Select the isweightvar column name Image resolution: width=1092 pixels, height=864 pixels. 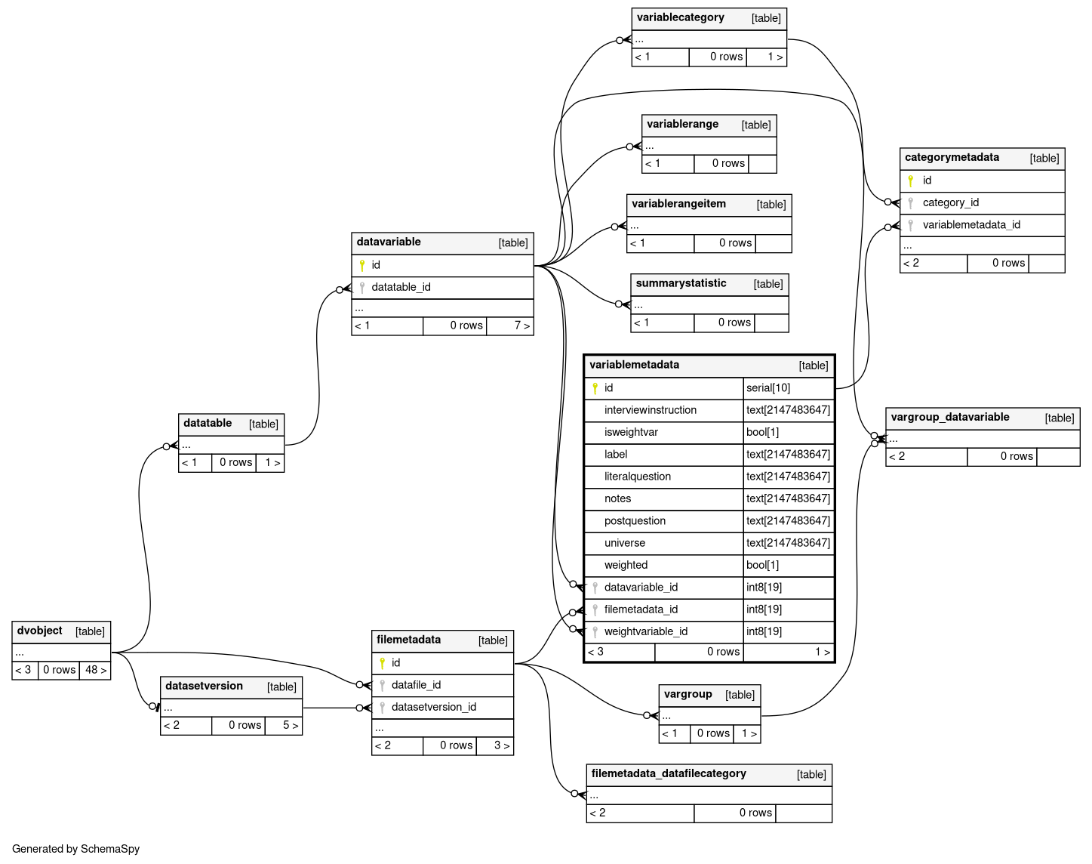click(x=631, y=432)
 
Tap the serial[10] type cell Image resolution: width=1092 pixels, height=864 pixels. click(x=768, y=388)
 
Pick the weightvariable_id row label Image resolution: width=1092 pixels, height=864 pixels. click(x=646, y=631)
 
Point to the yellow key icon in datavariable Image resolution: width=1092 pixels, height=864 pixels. click(x=362, y=265)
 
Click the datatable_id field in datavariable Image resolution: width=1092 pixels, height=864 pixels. click(x=401, y=287)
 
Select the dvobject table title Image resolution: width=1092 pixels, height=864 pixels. click(x=40, y=631)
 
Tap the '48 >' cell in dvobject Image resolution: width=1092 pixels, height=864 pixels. click(x=96, y=670)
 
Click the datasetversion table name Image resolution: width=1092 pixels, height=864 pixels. click(x=204, y=686)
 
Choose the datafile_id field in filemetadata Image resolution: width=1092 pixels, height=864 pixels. click(x=416, y=685)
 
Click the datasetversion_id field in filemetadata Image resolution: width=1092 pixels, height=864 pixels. click(x=434, y=707)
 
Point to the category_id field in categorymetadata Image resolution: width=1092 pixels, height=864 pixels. click(x=950, y=202)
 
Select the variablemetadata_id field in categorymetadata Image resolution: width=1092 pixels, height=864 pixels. click(x=971, y=224)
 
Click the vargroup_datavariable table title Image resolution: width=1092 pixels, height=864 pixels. click(x=949, y=417)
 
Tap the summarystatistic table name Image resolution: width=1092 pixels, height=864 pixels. click(x=681, y=283)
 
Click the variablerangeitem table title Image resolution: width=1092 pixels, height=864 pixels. click(x=678, y=204)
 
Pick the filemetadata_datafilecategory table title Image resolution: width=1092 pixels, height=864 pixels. click(x=669, y=773)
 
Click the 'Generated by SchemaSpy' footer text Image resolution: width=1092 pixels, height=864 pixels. click(x=76, y=849)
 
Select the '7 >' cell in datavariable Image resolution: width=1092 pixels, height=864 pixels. click(x=521, y=326)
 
